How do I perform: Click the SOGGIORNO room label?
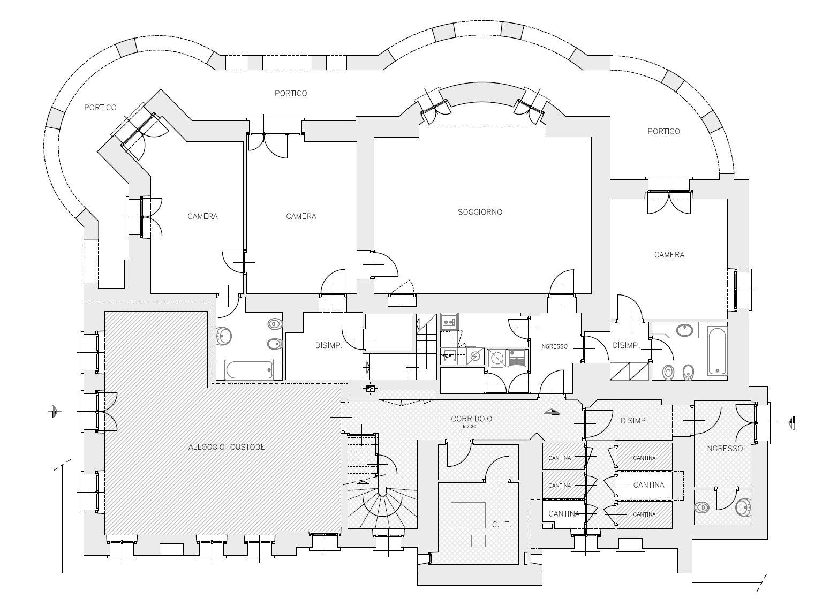(480, 212)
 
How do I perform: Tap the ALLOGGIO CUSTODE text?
(227, 447)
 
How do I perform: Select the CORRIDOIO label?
(471, 419)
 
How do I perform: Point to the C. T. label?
(501, 525)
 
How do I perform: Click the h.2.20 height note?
(469, 427)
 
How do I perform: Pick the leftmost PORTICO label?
(100, 108)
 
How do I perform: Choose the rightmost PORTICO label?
(663, 131)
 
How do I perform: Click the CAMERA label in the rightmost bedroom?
(669, 255)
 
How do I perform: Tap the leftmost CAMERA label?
(202, 216)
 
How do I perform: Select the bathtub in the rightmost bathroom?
(717, 352)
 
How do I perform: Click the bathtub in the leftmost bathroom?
(248, 369)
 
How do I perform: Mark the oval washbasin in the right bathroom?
(684, 330)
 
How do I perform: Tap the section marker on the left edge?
(53, 411)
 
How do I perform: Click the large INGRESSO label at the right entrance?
(723, 449)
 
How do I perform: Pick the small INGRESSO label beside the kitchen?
(553, 346)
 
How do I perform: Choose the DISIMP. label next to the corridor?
(634, 421)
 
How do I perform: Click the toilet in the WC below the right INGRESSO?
(702, 507)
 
